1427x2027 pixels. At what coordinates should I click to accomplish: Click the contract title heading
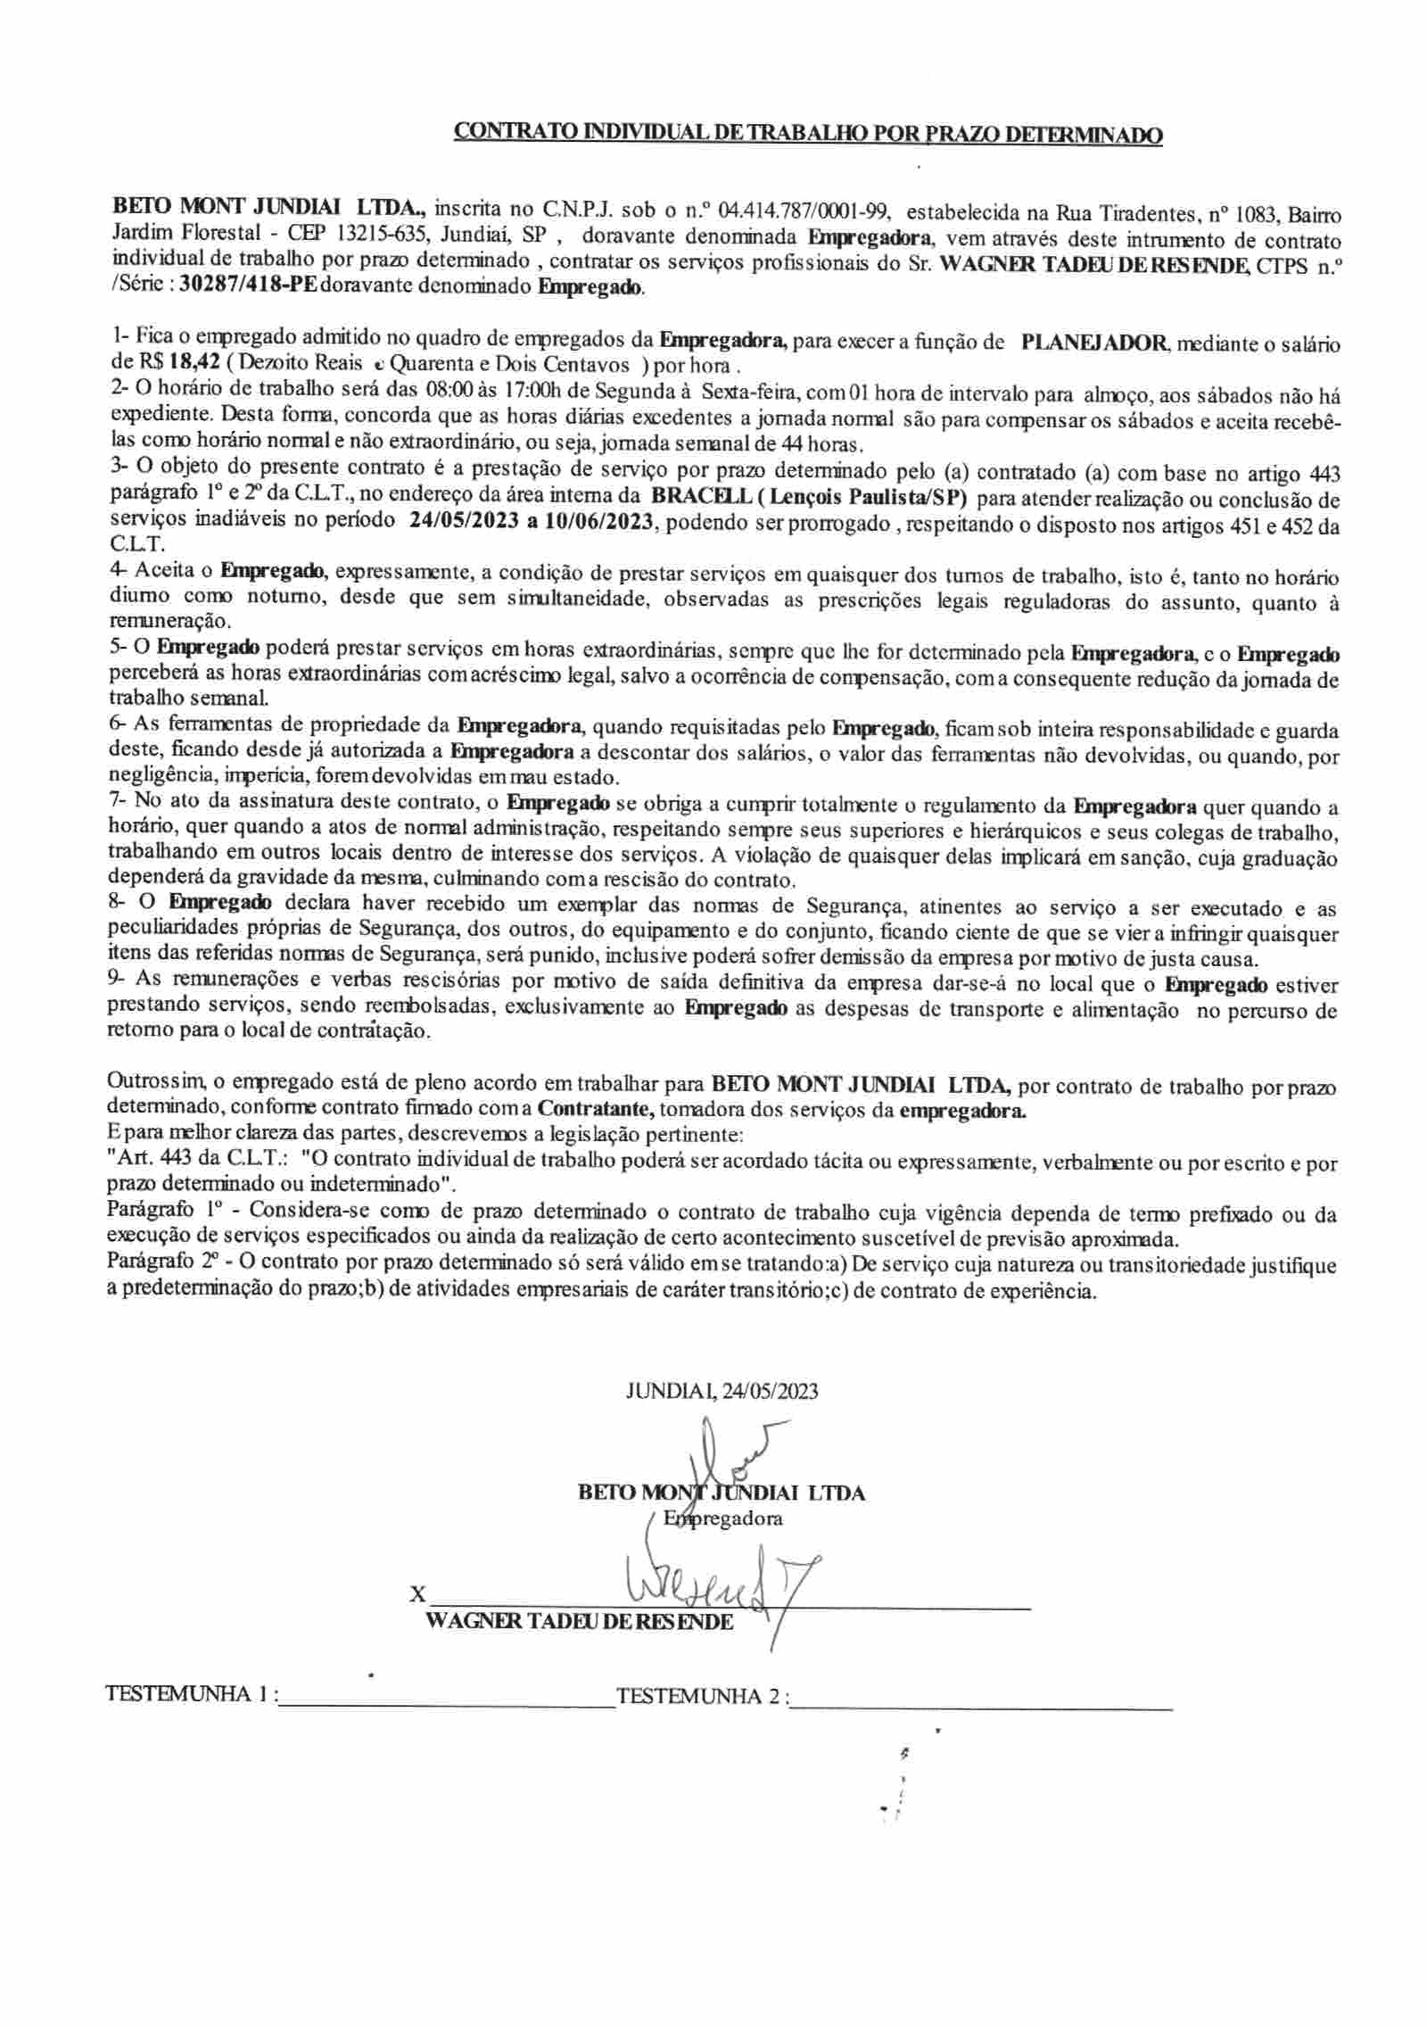809,135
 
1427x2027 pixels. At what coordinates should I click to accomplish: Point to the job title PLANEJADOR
1092,343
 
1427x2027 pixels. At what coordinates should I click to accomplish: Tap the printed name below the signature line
581,1622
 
